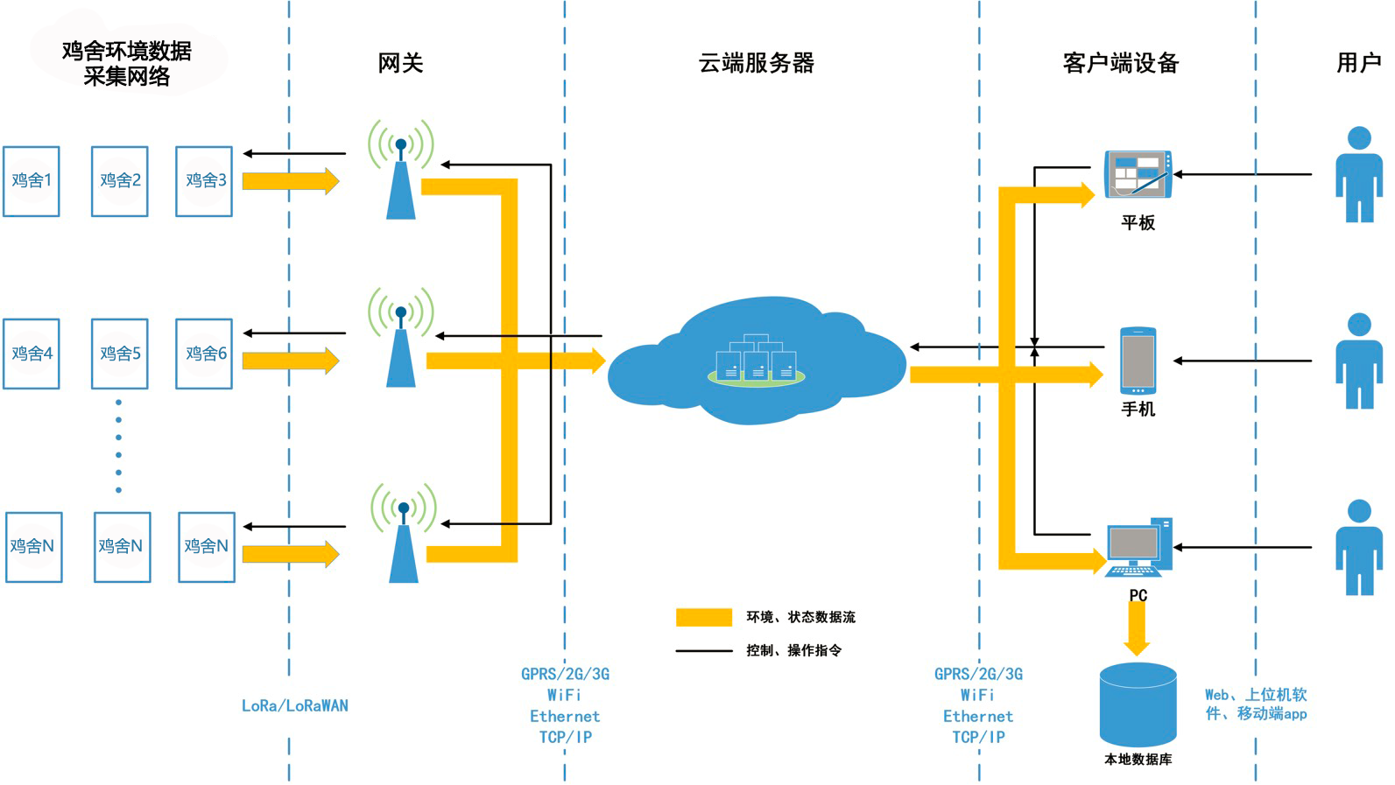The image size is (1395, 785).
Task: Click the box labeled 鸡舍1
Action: pos(32,181)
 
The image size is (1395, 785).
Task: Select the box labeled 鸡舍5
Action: pos(120,354)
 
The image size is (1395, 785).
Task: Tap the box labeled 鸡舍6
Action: pos(204,354)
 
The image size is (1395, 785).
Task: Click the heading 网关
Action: pos(400,63)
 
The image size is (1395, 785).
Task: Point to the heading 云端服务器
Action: pos(757,63)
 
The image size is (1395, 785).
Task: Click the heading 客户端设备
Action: pos(1120,63)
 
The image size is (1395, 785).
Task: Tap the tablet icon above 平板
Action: pos(1137,174)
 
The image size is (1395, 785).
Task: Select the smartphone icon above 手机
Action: pos(1138,361)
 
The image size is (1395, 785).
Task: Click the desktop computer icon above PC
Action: pos(1138,548)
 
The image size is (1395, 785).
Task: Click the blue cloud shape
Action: pos(757,363)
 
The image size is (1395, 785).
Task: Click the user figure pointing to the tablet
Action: pos(1358,174)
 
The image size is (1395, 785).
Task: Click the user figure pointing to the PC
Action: pos(1358,548)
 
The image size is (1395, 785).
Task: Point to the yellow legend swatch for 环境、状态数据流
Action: pos(703,618)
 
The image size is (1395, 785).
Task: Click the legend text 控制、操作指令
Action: pos(793,650)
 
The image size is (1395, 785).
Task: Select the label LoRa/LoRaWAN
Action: pos(295,705)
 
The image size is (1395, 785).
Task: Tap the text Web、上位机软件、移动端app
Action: pos(1256,704)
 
